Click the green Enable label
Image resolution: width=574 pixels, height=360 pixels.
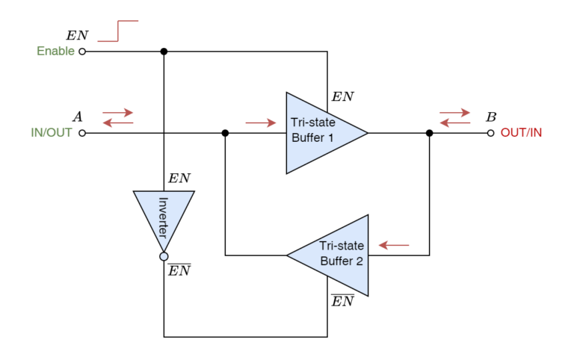[x=55, y=51]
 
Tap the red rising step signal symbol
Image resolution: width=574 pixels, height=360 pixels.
[x=118, y=31]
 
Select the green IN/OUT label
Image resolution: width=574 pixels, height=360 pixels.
[x=52, y=133]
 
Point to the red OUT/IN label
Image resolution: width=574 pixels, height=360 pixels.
[x=521, y=133]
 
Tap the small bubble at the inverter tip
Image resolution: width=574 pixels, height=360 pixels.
[x=164, y=256]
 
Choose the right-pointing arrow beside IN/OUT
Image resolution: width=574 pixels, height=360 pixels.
[x=118, y=113]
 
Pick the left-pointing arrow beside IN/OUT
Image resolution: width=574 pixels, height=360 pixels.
[x=118, y=122]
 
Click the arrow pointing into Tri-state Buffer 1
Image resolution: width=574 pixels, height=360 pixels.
[x=261, y=122]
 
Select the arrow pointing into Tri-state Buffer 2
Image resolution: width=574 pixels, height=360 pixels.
[x=394, y=245]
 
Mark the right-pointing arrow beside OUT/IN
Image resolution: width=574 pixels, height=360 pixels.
[x=455, y=113]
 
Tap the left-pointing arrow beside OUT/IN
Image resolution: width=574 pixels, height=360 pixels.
[x=455, y=122]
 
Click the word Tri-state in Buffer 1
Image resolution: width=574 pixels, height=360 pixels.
[x=313, y=122]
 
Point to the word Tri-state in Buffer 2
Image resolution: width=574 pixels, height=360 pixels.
[x=342, y=246]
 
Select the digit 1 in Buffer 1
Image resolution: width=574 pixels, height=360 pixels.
[x=330, y=138]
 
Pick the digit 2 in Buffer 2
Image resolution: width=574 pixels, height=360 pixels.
[x=359, y=261]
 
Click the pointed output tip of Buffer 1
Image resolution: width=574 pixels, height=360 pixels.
[x=365, y=133]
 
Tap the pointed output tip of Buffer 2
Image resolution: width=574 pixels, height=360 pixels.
[x=289, y=255]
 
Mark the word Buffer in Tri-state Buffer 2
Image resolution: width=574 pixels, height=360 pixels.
[x=336, y=261]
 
